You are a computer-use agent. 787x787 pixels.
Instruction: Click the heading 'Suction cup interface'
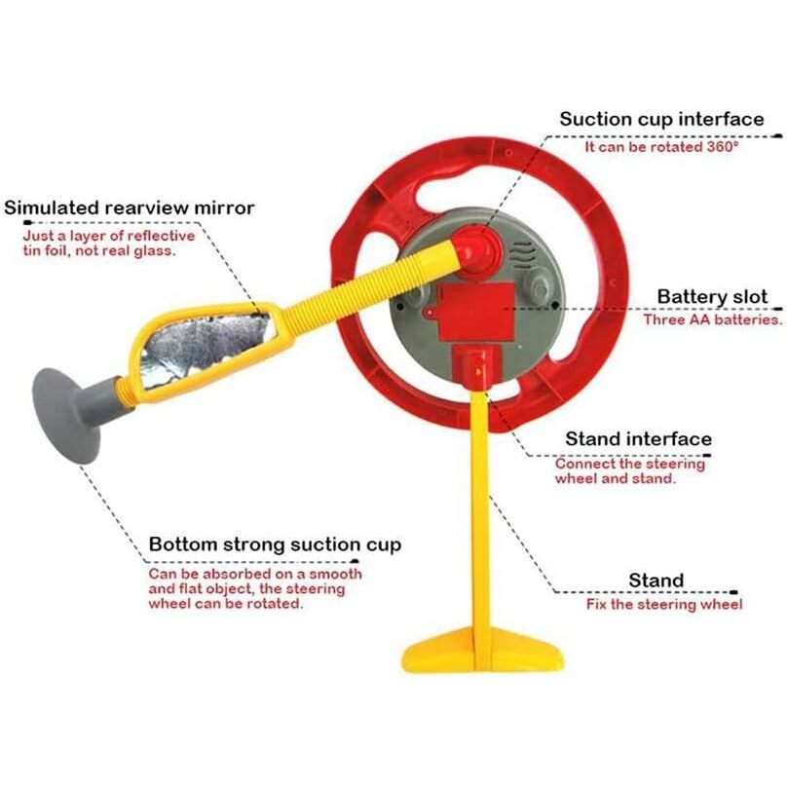click(661, 119)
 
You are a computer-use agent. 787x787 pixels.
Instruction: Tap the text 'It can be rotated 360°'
click(661, 147)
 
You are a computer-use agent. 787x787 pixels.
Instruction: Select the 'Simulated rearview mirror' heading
click(129, 207)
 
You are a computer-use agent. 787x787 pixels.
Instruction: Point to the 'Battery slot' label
click(712, 297)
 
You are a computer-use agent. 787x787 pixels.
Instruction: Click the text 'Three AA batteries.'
click(713, 319)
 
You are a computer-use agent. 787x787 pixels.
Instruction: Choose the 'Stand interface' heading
click(638, 439)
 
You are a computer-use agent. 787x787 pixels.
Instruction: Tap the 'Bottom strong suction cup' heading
click(275, 545)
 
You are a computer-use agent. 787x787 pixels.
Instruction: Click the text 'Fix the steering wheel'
click(664, 604)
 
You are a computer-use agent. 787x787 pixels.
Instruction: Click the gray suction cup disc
click(65, 416)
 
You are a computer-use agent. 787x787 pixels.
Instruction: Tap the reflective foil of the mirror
click(206, 348)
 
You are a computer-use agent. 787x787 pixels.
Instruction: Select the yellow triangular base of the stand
click(483, 650)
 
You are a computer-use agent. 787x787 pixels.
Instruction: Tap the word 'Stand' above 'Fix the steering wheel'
click(656, 581)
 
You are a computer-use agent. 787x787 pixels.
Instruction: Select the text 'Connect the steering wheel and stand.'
click(630, 470)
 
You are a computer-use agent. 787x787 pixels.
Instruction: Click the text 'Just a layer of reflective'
click(109, 236)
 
